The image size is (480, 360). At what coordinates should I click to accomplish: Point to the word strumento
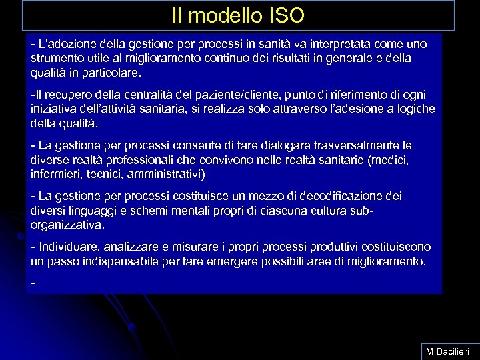tap(57, 58)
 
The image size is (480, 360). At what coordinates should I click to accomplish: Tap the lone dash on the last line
tap(33, 283)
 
